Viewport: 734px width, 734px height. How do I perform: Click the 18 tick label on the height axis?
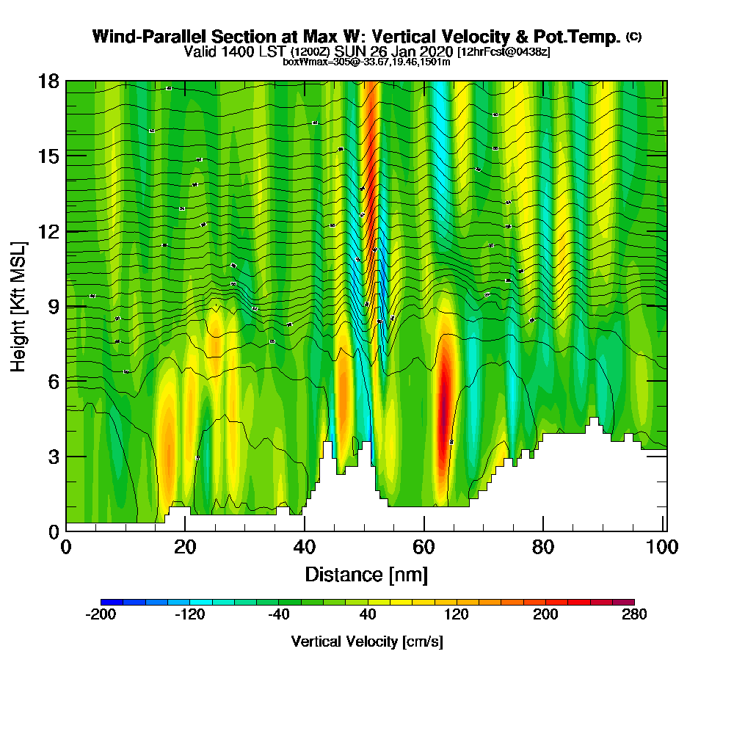(x=49, y=81)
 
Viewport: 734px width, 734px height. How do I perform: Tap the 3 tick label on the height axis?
(x=54, y=456)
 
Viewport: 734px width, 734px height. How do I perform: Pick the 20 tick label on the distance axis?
(x=186, y=547)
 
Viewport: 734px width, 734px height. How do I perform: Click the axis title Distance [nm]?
(x=366, y=573)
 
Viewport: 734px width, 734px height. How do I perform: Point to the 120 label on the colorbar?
(x=457, y=615)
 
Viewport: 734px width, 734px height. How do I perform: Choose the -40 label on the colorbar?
(x=279, y=615)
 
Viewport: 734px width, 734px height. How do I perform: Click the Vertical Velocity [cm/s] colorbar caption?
(x=367, y=642)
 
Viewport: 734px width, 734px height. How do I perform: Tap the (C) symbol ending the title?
(x=633, y=37)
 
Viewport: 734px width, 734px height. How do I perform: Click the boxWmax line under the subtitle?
(x=366, y=62)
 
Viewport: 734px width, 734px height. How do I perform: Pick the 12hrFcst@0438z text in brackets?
(x=504, y=52)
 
